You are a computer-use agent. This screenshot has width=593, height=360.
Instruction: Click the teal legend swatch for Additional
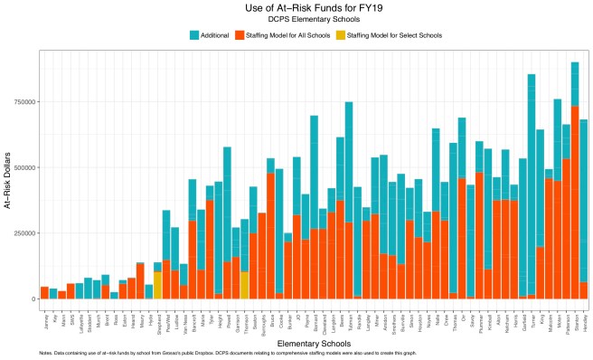[194, 35]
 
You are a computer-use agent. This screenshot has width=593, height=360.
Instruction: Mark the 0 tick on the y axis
[33, 298]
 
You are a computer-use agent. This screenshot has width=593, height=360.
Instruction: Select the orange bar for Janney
[44, 292]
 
